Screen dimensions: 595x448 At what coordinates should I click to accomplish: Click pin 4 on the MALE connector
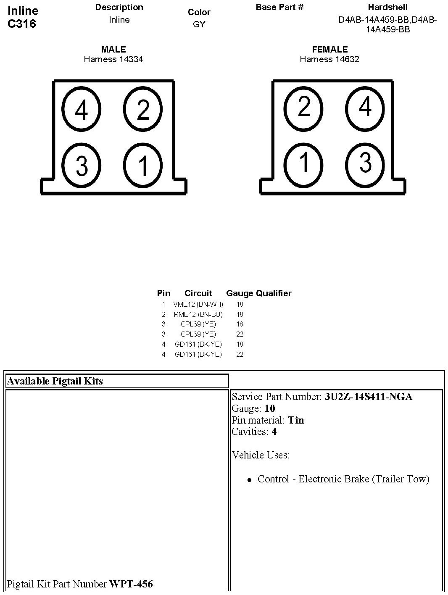82,110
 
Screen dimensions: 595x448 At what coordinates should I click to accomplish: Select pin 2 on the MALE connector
143,110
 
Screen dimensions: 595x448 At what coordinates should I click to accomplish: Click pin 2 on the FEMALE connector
303,107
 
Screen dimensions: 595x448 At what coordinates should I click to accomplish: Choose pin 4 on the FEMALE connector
365,107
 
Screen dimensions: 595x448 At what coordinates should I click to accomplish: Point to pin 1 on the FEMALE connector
303,162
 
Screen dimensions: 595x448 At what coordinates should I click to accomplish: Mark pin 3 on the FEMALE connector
365,162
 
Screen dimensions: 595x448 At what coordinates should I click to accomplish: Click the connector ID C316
22,24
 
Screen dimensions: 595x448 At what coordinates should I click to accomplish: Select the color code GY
199,24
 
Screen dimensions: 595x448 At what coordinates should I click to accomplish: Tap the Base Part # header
279,7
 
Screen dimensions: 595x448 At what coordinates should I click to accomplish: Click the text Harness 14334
113,59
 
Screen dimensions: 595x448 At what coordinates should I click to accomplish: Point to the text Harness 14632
329,59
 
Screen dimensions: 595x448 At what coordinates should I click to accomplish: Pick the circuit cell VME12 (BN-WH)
198,304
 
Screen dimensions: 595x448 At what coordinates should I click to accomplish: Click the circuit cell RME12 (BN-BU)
198,314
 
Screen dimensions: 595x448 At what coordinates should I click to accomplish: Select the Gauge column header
240,293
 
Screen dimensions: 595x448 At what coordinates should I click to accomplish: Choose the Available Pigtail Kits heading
55,381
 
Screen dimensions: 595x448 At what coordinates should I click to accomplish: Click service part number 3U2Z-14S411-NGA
369,397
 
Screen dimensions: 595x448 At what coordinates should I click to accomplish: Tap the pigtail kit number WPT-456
131,584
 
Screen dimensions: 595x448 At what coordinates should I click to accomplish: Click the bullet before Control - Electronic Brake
250,479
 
